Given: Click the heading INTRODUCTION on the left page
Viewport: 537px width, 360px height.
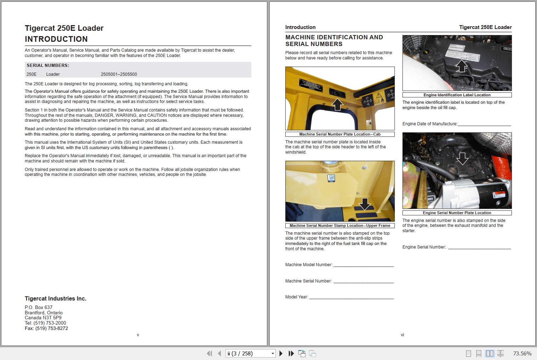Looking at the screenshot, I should [56, 39].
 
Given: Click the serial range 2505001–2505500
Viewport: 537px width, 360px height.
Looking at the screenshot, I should [119, 74].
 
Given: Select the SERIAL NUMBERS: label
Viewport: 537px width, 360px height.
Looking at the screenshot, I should [48, 65].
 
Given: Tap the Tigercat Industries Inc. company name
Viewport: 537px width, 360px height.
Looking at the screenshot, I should [56, 299].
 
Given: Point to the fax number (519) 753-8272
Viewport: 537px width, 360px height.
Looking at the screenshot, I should [51, 328].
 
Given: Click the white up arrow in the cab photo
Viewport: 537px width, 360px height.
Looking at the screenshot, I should [337, 104].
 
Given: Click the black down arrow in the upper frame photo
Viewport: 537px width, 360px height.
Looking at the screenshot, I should [365, 204].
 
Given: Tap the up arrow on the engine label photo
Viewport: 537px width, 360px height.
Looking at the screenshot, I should [461, 66].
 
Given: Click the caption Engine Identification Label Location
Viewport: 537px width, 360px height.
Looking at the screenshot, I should [457, 95].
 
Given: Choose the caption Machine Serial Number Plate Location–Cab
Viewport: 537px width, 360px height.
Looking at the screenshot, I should [339, 134].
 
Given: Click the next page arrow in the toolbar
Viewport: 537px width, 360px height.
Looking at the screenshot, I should [281, 353].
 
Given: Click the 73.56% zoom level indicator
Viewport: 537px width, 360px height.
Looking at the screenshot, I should [522, 353].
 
